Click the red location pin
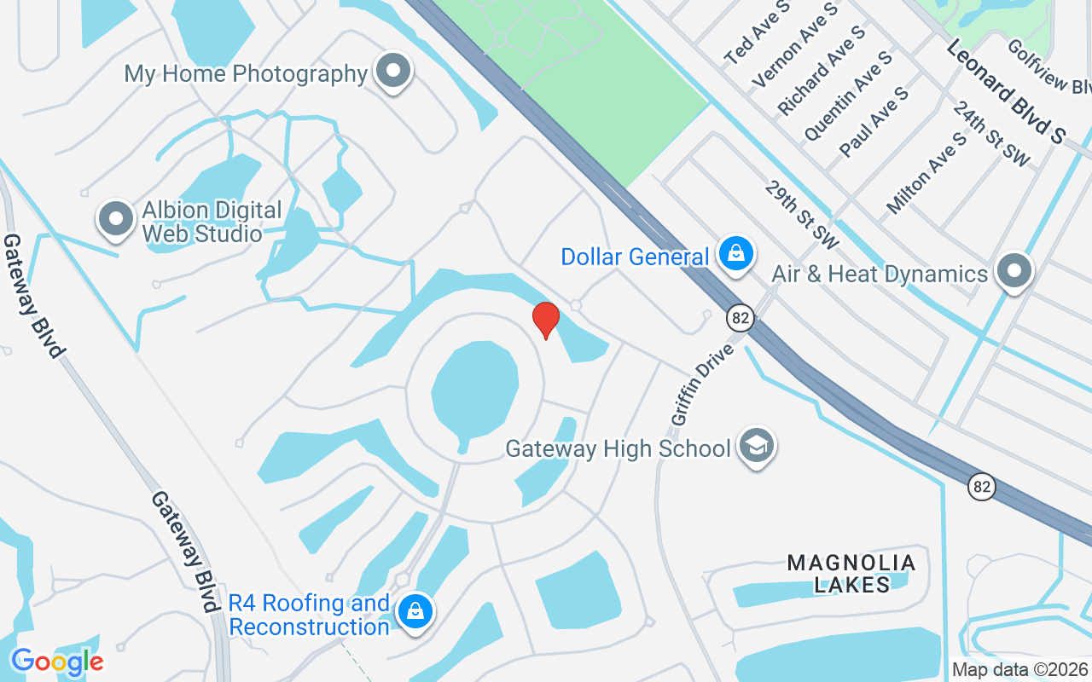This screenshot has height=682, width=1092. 546,320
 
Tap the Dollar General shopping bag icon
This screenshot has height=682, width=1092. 735,253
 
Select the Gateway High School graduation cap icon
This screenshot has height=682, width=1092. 756,446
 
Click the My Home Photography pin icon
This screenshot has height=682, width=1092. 393,71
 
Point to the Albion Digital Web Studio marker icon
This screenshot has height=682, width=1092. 115,218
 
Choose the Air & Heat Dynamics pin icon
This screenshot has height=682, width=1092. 1014,271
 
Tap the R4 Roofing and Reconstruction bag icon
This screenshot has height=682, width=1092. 415,612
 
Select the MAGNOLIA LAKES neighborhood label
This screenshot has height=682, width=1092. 851,573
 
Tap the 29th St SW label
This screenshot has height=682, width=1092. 803,214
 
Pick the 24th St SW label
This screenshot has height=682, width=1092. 991,135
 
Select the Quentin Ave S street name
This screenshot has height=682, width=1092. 848,95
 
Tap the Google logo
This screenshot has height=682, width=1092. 56,662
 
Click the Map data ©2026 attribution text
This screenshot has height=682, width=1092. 1019,670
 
